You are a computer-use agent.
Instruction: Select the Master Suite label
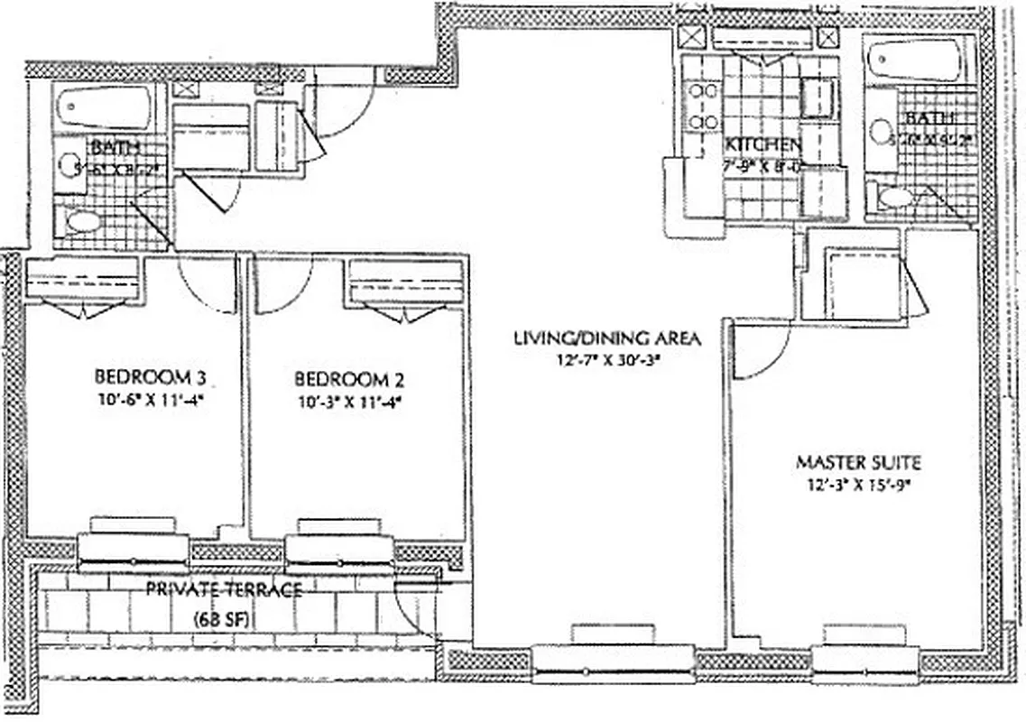point(857,463)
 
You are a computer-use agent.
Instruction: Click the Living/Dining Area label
point(606,338)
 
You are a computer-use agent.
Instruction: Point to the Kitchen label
point(763,145)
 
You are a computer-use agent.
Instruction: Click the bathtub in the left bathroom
point(104,107)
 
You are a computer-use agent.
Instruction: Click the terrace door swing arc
point(417,612)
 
